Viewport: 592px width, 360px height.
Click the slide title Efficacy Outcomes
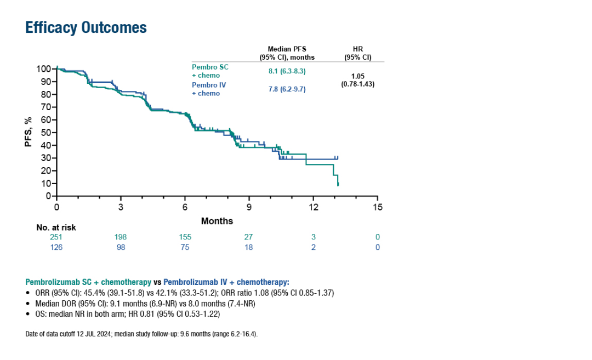[86, 27]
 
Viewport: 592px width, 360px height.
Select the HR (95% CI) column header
[357, 53]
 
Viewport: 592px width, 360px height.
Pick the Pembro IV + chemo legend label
[209, 89]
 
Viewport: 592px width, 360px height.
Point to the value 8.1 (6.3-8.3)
[287, 71]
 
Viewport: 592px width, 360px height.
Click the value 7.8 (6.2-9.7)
[287, 89]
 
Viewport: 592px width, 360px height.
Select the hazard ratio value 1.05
[357, 76]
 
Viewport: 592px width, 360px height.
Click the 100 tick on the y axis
[44, 68]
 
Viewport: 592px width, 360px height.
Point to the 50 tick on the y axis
[46, 132]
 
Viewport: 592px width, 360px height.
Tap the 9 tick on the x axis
[249, 208]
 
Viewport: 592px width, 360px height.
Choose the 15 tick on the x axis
[377, 208]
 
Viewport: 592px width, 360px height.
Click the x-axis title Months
[217, 221]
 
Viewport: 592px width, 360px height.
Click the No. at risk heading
[56, 227]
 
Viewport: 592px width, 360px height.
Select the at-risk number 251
[56, 237]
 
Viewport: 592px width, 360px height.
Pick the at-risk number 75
[185, 247]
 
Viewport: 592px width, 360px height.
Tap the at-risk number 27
[249, 237]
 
